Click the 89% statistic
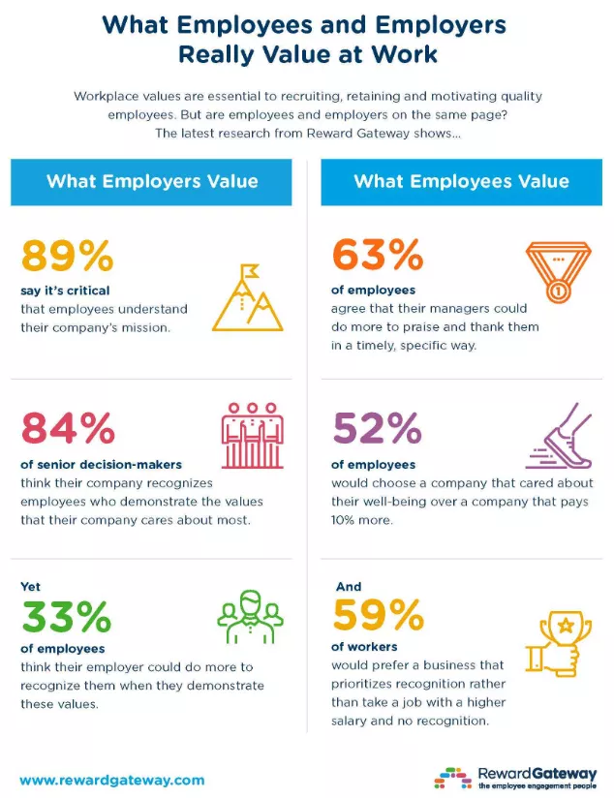(67, 256)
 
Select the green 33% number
(66, 617)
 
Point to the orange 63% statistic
(377, 256)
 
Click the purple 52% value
(377, 427)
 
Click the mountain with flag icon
(247, 296)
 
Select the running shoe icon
(559, 442)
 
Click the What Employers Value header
(152, 181)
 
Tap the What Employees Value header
(461, 181)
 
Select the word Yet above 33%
(30, 586)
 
